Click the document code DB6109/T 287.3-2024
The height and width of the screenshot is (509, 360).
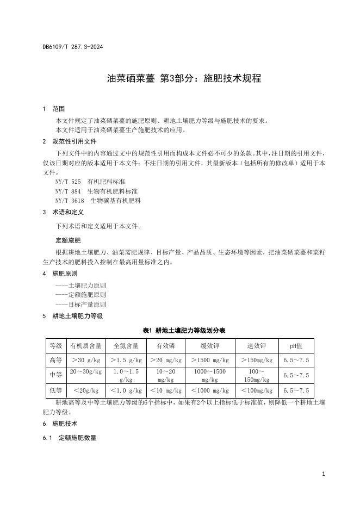pyautogui.click(x=72, y=47)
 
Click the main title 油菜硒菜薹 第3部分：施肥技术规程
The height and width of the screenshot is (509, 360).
pyautogui.click(x=184, y=78)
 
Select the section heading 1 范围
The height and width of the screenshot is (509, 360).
pyautogui.click(x=54, y=109)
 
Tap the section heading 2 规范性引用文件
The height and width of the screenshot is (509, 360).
pyautogui.click(x=69, y=141)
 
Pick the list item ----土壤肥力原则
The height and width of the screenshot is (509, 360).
pyautogui.click(x=80, y=285)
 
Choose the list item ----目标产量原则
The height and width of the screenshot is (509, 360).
pyautogui.click(x=80, y=305)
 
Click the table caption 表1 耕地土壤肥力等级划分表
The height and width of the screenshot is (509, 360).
pyautogui.click(x=184, y=330)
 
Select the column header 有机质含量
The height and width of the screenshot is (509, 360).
pyautogui.click(x=86, y=345)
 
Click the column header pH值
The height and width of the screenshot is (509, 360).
pyautogui.click(x=296, y=345)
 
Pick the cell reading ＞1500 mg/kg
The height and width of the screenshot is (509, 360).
pyautogui.click(x=209, y=360)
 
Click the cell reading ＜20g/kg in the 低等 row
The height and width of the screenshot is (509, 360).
pyautogui.click(x=86, y=390)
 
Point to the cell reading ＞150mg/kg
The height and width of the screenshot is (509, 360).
pyautogui.click(x=257, y=360)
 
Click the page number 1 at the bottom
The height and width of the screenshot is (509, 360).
pyautogui.click(x=323, y=474)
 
